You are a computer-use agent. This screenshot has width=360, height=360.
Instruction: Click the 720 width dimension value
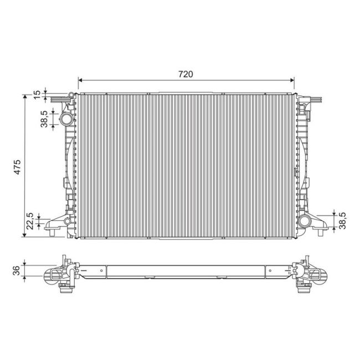[185, 74]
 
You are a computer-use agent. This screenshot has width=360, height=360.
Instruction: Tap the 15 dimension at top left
[37, 94]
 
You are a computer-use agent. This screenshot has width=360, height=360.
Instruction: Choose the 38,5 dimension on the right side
[342, 220]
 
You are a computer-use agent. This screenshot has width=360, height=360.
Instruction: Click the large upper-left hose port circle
[66, 119]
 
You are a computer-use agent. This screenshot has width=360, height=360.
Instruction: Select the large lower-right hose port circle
[304, 221]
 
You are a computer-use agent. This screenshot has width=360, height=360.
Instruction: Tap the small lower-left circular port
[67, 221]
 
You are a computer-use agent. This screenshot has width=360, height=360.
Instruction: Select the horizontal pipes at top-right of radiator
[313, 100]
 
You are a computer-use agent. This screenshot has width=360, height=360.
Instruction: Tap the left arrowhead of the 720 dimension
[80, 81]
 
